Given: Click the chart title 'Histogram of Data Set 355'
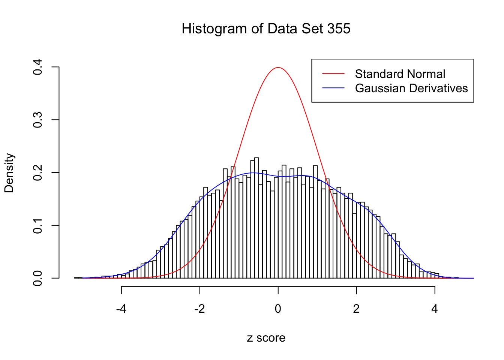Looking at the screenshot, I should pyautogui.click(x=266, y=29).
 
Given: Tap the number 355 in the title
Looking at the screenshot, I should pyautogui.click(x=339, y=29).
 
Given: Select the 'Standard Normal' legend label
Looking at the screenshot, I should pyautogui.click(x=400, y=74).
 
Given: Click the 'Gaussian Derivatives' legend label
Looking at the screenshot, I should pyautogui.click(x=411, y=88).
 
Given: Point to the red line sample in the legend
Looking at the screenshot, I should pyautogui.click(x=333, y=74).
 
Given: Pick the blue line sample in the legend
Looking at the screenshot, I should pyautogui.click(x=333, y=88).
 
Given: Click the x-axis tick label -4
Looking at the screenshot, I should pyautogui.click(x=121, y=309).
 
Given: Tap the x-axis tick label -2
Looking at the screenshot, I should pyautogui.click(x=199, y=309).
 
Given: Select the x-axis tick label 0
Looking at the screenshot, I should pyautogui.click(x=278, y=309).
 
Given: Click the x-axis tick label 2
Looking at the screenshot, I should pyautogui.click(x=356, y=309).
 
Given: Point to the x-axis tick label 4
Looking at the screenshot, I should pyautogui.click(x=435, y=309).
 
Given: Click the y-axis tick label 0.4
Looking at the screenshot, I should pyautogui.click(x=38, y=67).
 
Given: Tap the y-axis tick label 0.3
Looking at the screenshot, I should pyautogui.click(x=38, y=120).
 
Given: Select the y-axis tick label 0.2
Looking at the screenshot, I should pyautogui.click(x=38, y=173).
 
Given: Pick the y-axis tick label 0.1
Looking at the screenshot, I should pyautogui.click(x=38, y=225).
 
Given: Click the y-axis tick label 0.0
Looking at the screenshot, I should pyautogui.click(x=38, y=278).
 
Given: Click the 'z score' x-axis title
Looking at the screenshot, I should pyautogui.click(x=266, y=338).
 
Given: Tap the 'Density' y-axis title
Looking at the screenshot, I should pyautogui.click(x=9, y=173).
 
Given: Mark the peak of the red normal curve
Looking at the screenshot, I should pyautogui.click(x=278, y=67).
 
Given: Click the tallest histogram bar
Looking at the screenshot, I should pyautogui.click(x=256, y=217).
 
